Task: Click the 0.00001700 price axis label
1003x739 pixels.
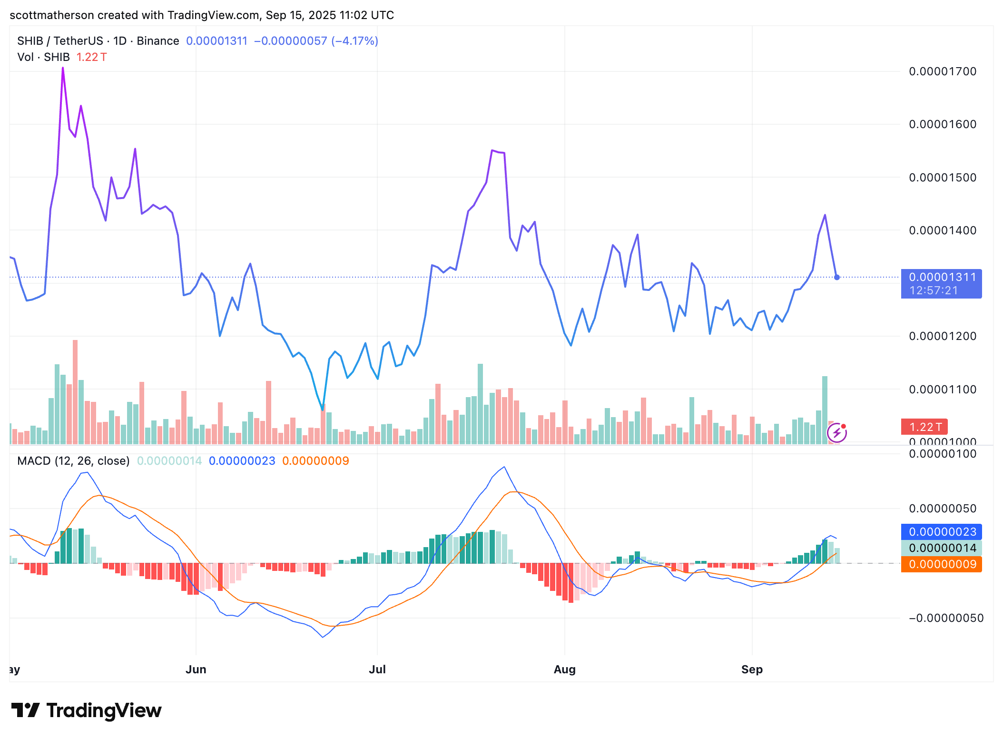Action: [x=942, y=71]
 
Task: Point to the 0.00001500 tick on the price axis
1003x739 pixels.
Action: [x=942, y=178]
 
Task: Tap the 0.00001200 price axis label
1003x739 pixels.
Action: [x=942, y=336]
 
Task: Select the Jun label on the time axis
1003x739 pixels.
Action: [x=196, y=669]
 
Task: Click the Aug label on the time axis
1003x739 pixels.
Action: [x=564, y=669]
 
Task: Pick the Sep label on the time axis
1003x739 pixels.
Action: [x=752, y=669]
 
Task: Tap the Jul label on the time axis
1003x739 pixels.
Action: [x=377, y=669]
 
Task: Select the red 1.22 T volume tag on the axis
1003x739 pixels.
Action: [x=924, y=427]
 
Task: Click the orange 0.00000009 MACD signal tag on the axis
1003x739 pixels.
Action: [x=941, y=564]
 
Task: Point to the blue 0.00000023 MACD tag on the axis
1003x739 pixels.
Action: [x=941, y=532]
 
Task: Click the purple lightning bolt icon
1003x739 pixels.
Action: [x=836, y=433]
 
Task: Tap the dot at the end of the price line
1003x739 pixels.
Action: [x=837, y=277]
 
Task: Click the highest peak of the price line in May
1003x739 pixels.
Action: [x=63, y=68]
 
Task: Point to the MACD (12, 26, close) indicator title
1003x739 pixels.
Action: [x=73, y=461]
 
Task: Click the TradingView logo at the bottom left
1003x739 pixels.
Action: [x=87, y=710]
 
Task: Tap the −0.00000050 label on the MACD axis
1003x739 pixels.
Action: [x=946, y=618]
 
